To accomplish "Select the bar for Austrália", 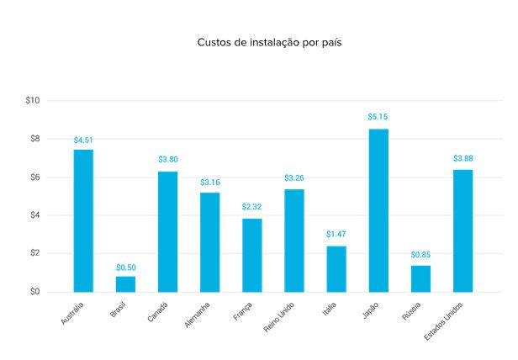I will click(x=83, y=220).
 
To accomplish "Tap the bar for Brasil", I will click(x=125, y=283).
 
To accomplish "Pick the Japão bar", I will click(x=378, y=210).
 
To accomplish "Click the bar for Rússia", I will click(x=420, y=278).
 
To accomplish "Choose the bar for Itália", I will click(x=336, y=268).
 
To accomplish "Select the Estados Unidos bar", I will click(x=462, y=230).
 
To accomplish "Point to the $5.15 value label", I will click(x=378, y=117).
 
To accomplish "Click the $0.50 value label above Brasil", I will click(x=126, y=267).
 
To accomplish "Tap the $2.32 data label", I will click(x=252, y=207).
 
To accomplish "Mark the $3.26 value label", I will click(x=294, y=178).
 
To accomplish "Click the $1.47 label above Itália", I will click(x=336, y=235).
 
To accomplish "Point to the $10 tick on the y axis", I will click(x=33, y=101).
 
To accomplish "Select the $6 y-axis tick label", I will click(x=34, y=177).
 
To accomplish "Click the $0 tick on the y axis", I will click(x=34, y=292).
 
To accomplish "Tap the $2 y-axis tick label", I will click(x=34, y=253).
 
